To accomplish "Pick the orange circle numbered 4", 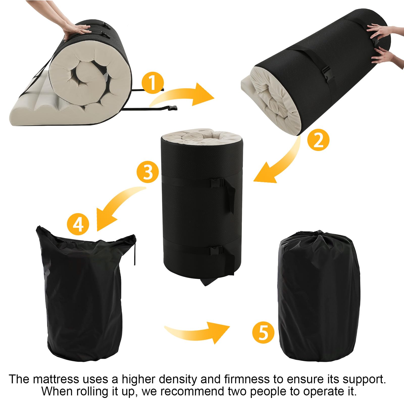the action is point(78,223).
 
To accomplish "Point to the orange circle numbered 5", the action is point(263,331).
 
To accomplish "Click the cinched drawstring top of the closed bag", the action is point(319,236).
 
